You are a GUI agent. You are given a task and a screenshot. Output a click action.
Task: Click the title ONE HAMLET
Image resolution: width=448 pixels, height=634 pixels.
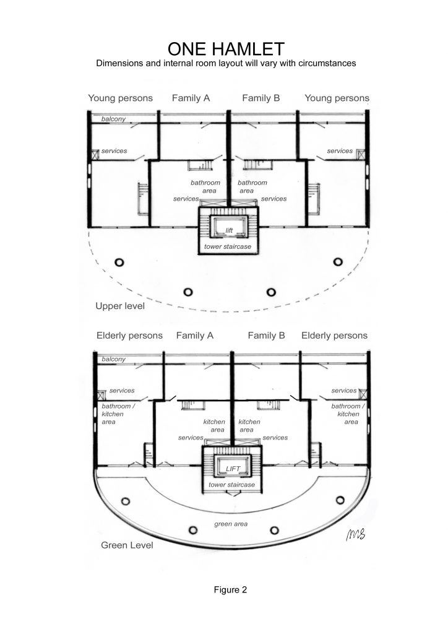point(224,49)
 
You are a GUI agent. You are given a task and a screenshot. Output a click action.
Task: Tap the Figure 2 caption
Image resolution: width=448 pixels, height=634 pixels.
point(230,589)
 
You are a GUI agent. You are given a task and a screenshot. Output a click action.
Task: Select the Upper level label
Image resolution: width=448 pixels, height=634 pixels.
point(120,306)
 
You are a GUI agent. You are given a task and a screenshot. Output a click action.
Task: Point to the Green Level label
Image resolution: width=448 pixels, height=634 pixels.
point(127,545)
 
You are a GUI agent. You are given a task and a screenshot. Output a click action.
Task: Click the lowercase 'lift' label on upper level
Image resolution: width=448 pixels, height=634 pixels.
point(228,230)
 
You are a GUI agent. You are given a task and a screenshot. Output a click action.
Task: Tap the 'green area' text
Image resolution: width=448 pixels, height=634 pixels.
point(231,524)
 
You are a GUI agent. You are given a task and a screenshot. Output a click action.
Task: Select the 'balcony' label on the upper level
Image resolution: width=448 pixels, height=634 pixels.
point(113,118)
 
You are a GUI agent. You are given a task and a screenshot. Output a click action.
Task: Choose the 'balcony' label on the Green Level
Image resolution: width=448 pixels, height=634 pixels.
point(114,359)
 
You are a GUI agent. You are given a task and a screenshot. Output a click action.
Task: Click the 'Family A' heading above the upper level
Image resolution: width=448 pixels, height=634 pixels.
point(191,98)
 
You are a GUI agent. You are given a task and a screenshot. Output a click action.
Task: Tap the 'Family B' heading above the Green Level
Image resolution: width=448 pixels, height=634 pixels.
point(266,336)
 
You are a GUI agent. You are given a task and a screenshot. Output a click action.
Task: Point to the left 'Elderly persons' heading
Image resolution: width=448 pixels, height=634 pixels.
point(129,336)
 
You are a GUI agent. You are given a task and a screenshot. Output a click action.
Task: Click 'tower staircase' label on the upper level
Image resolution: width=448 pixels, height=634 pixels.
point(228,248)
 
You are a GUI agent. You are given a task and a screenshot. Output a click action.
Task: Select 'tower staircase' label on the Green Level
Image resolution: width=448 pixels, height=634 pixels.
point(231,485)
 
